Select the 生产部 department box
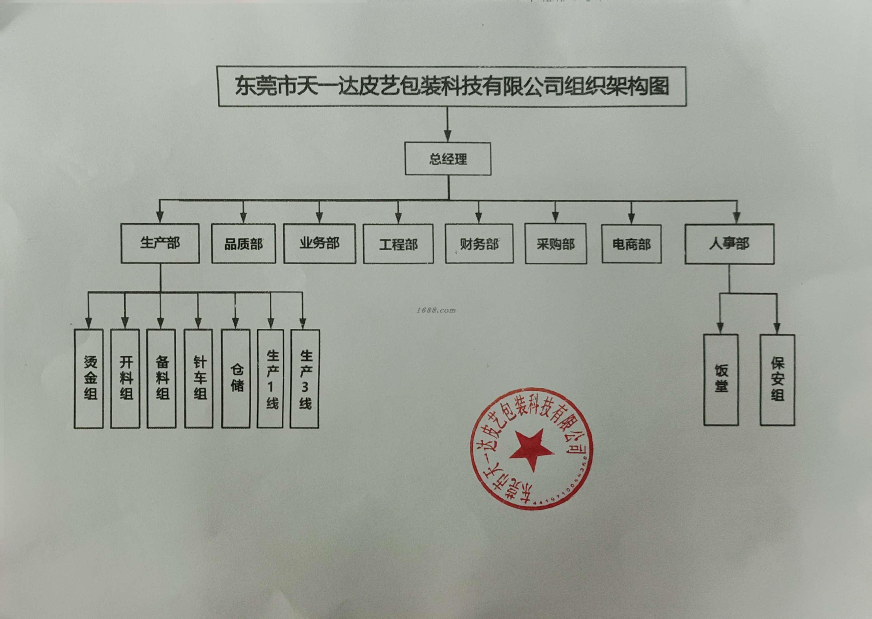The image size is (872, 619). (160, 243)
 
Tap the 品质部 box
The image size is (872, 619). (244, 244)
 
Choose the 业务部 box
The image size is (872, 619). (320, 244)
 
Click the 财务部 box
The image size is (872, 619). (479, 244)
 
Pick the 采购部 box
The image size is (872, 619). (556, 244)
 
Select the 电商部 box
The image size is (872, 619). (631, 244)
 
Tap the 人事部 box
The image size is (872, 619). (729, 244)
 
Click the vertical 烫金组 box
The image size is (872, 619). (89, 378)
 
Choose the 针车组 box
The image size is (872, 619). (198, 378)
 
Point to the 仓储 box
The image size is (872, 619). (236, 378)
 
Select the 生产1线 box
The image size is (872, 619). (270, 378)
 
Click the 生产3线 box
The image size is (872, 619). (305, 378)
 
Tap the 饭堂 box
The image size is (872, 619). (721, 380)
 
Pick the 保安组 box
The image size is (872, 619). (777, 380)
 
